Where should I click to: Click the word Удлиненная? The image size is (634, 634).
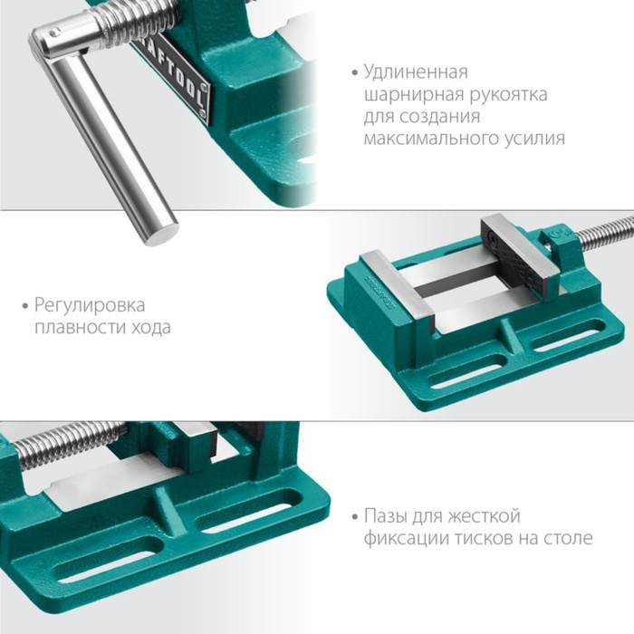point(416,72)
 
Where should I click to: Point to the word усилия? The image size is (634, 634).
point(534,139)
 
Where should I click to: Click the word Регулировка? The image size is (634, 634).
point(90,306)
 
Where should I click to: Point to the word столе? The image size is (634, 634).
point(568,539)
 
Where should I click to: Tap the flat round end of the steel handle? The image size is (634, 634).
point(161,234)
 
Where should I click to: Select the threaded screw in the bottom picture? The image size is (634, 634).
point(69,444)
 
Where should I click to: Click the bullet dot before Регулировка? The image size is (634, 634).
point(25,306)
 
